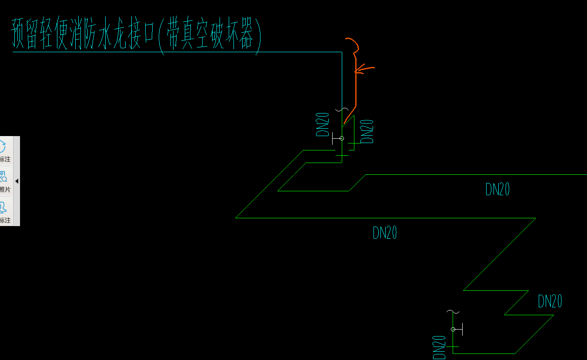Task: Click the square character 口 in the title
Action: tap(148, 35)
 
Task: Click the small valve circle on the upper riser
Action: tap(341, 138)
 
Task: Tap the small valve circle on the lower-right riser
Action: tap(453, 330)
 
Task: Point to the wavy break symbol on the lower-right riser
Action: tap(453, 311)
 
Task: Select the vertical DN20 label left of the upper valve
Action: tap(323, 125)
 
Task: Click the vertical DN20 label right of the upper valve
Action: tap(367, 131)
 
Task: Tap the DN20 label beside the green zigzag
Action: tap(550, 301)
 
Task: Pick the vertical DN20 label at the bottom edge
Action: tap(439, 347)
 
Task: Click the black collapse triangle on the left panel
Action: tap(17, 181)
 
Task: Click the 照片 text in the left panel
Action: tap(5, 190)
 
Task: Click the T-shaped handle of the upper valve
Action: tap(334, 138)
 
